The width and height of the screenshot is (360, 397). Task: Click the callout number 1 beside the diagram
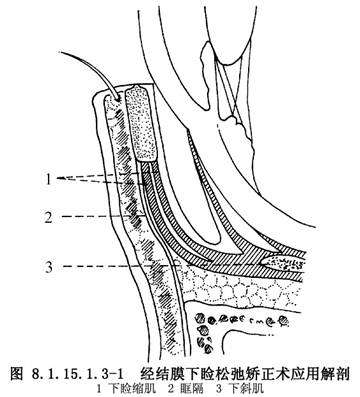tap(49, 179)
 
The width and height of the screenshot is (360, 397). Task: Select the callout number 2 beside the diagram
tap(49, 217)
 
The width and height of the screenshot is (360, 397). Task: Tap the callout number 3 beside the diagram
tap(49, 266)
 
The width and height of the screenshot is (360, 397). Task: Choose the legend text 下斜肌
tap(249, 389)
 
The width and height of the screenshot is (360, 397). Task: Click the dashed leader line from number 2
tap(104, 217)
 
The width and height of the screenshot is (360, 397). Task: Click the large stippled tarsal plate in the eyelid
tap(140, 122)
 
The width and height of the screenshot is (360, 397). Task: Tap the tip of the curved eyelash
tap(59, 52)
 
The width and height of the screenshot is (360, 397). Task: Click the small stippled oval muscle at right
tap(282, 263)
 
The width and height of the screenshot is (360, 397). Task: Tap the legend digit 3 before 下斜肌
tap(219, 389)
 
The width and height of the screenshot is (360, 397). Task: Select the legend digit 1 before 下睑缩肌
tap(99, 389)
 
